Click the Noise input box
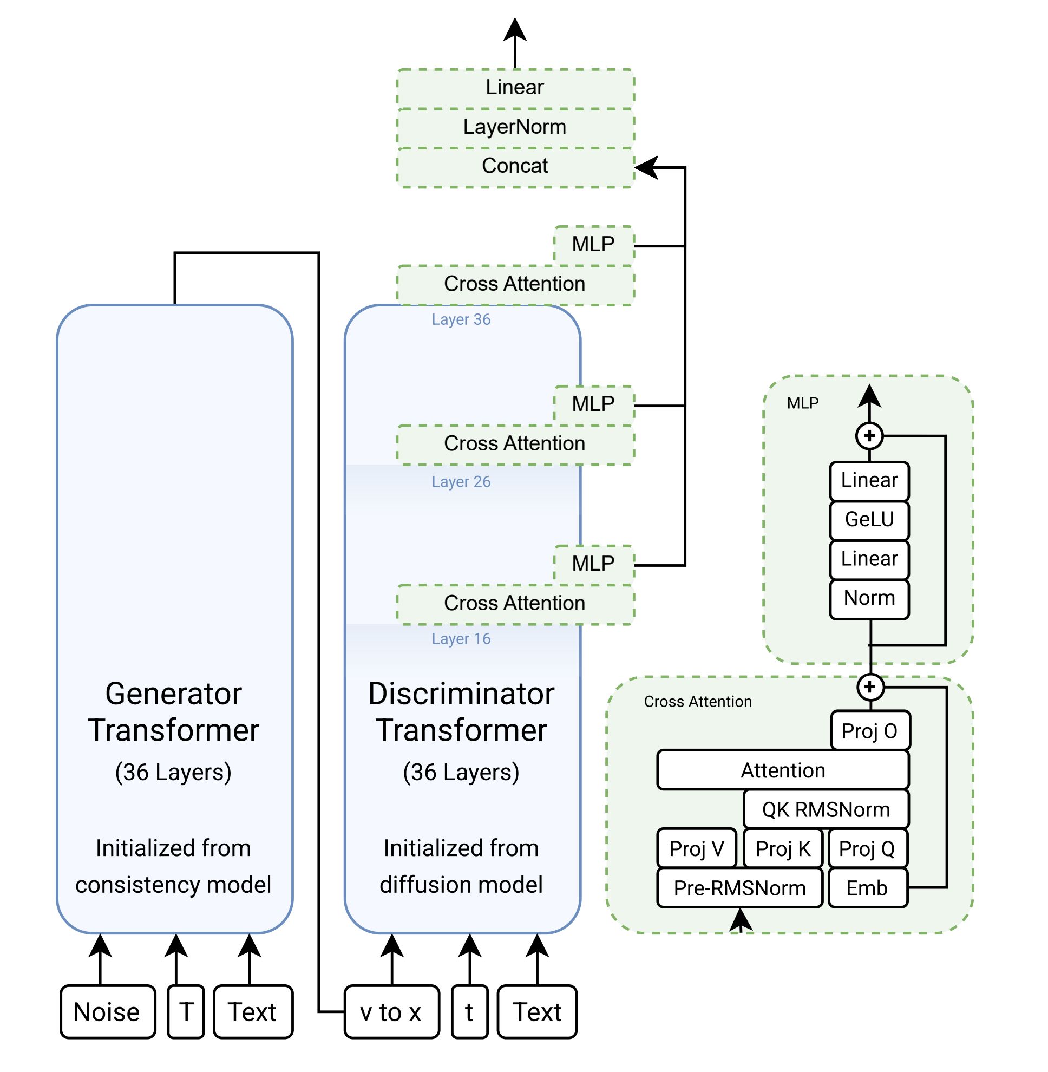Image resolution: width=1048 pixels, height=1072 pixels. (108, 1012)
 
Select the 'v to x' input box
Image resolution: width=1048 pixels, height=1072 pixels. (391, 1012)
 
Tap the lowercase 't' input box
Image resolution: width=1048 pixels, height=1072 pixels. (469, 1012)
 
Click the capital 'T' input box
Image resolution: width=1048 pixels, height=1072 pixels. (186, 1012)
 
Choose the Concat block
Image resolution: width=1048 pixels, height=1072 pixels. (515, 166)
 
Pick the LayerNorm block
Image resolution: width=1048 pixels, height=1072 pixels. (515, 127)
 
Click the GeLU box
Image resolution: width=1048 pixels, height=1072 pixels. (869, 520)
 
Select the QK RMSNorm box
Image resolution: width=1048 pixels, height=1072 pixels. (826, 810)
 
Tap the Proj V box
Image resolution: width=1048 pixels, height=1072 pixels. (696, 849)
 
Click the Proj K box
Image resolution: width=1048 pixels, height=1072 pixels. (783, 849)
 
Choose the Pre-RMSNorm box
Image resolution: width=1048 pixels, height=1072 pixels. (739, 888)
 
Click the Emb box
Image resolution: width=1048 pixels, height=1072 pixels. (867, 888)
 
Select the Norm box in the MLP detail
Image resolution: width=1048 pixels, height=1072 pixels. (869, 598)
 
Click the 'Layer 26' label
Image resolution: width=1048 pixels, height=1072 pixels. (461, 482)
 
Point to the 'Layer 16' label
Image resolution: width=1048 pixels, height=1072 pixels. (461, 639)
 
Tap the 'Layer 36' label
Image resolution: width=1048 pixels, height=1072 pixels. (461, 319)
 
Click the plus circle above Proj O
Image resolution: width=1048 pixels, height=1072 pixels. (870, 687)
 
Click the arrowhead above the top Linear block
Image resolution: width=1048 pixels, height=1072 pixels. (515, 30)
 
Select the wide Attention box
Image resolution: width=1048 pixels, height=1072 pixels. (782, 770)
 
